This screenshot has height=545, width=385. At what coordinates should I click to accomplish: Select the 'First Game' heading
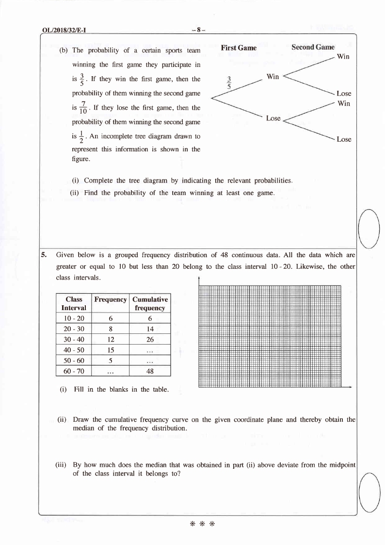[x=238, y=48]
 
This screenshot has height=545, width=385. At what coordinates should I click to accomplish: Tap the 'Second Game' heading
[x=313, y=47]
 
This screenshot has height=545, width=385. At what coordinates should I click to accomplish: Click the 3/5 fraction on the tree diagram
[x=230, y=82]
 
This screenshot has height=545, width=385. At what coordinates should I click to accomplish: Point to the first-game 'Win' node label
[x=273, y=77]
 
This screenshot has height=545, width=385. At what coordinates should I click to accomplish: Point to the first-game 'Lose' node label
[x=273, y=118]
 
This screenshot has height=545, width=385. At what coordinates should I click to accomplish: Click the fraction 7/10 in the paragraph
[x=84, y=107]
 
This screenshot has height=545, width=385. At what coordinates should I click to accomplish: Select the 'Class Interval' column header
[x=74, y=303]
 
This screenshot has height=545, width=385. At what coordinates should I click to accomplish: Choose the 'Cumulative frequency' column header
[x=150, y=303]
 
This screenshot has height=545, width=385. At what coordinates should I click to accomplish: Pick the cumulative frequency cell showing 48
[x=150, y=370]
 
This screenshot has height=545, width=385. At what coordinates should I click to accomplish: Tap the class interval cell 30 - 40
[x=74, y=339]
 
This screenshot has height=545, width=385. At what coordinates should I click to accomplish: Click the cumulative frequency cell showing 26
[x=150, y=339]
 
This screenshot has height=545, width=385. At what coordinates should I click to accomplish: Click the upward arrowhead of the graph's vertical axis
[x=199, y=278]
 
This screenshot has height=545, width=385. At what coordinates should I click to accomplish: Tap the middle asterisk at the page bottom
[x=202, y=524]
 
